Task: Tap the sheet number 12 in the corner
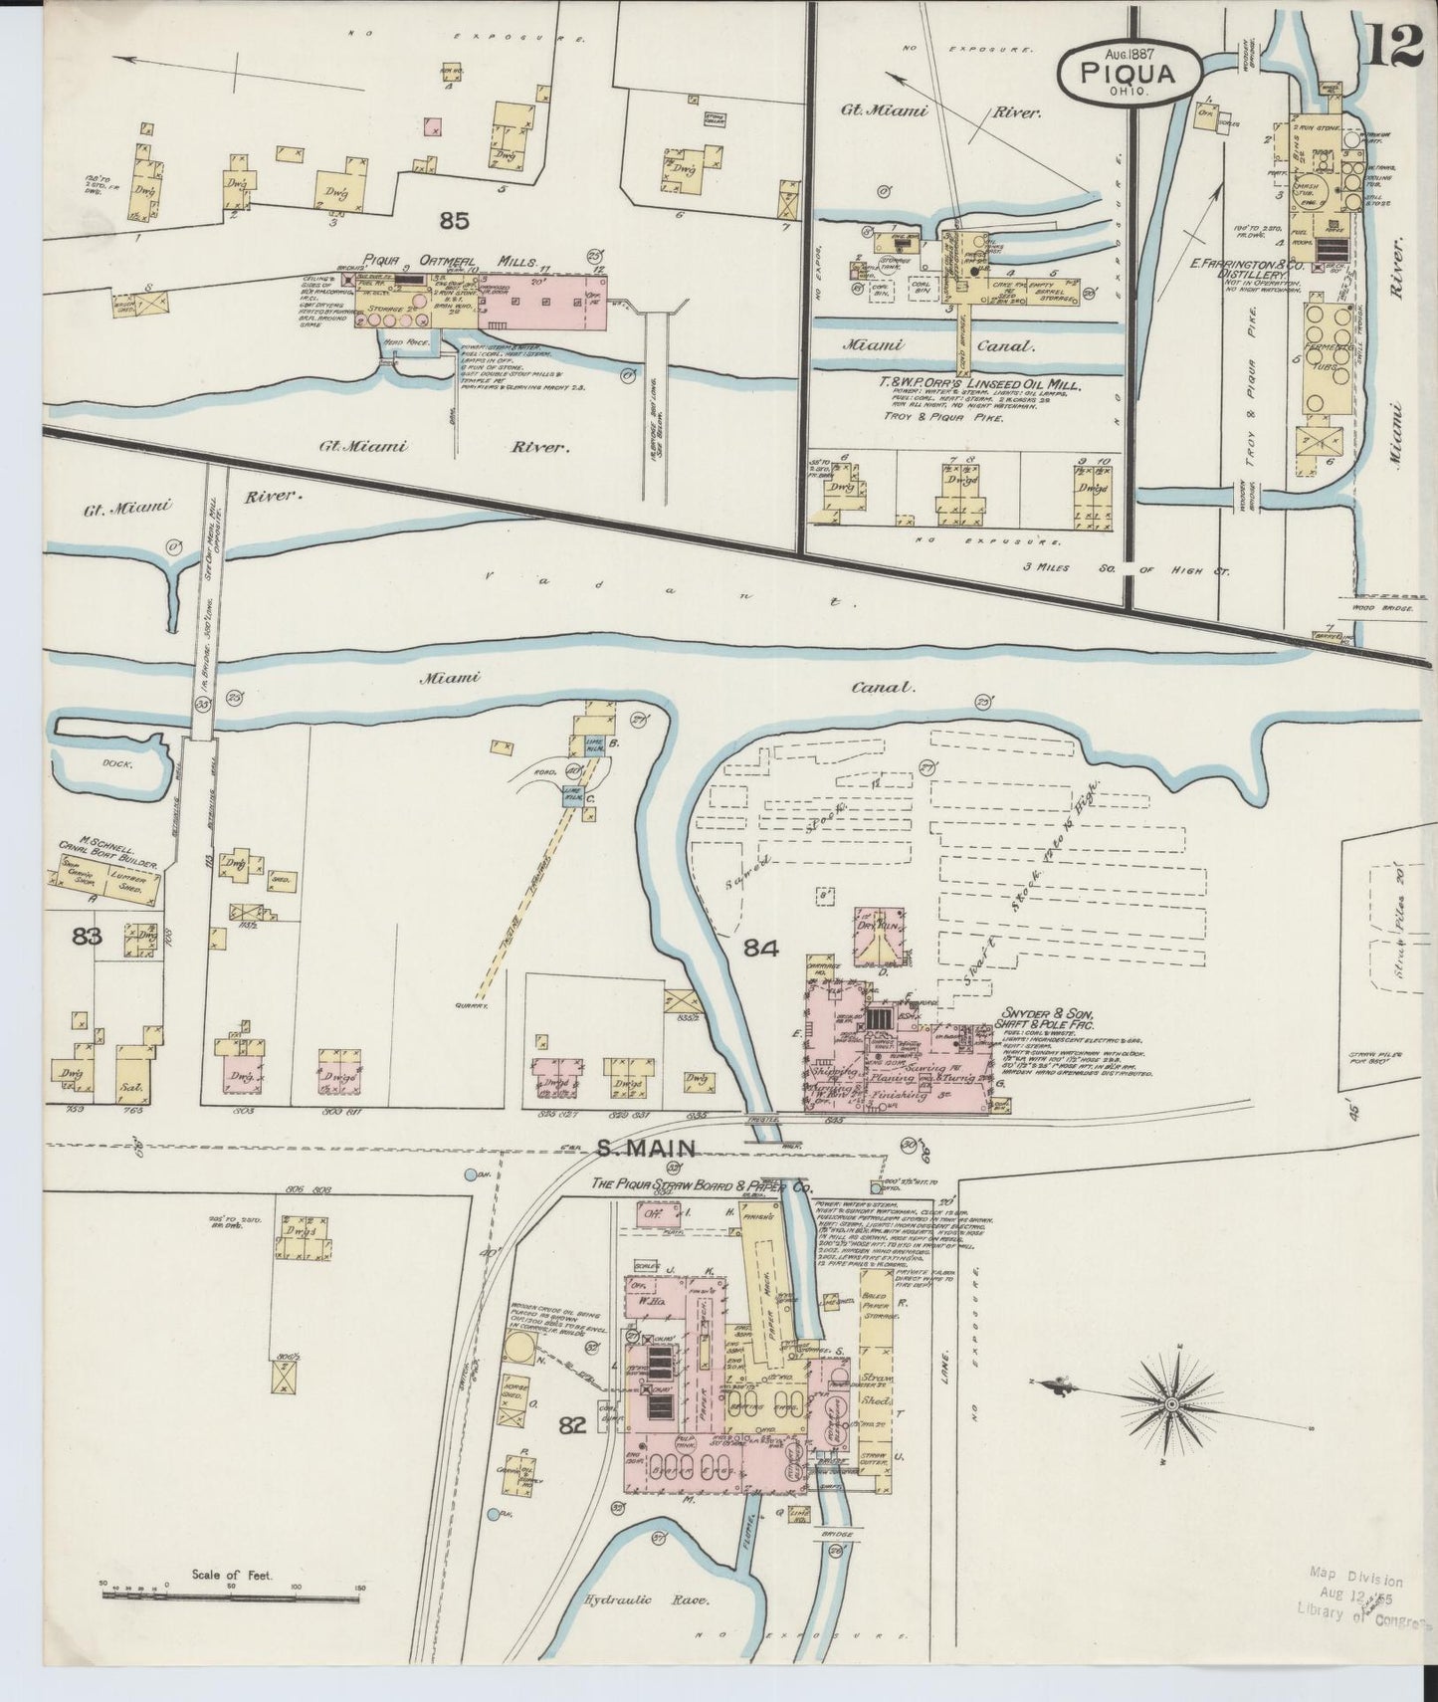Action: point(1396,45)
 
